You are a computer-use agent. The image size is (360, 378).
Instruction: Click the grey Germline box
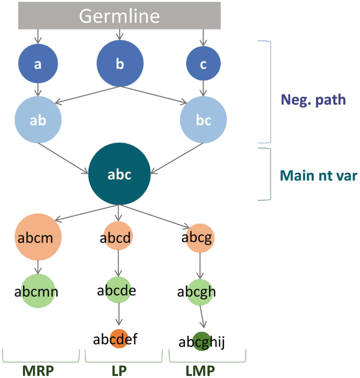[119, 15]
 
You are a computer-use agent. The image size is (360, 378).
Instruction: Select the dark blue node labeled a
[38, 65]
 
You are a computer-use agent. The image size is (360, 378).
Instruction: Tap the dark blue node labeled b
[120, 64]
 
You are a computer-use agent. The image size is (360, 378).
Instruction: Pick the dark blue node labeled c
[203, 64]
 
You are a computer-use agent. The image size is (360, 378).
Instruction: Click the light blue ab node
[38, 120]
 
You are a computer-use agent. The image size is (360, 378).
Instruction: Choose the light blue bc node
[203, 120]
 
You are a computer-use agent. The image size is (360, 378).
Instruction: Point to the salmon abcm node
[38, 238]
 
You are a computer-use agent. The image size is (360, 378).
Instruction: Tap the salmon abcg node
[198, 238]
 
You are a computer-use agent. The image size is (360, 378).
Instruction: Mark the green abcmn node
[38, 291]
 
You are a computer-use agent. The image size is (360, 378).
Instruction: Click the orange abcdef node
[119, 339]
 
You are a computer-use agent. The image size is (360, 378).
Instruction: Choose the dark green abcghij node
[201, 341]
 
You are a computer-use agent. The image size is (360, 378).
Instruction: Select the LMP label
[200, 371]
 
